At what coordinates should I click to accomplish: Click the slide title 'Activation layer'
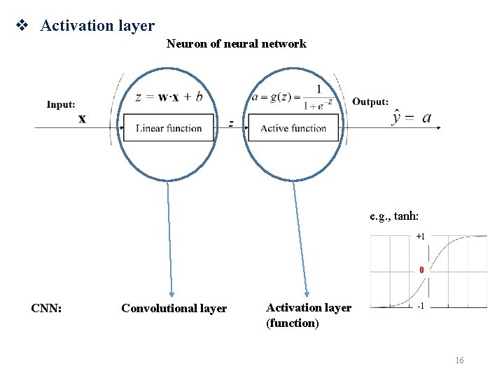[x=97, y=26]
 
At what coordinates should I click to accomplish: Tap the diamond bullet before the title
[x=21, y=26]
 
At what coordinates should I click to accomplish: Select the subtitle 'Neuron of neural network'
[x=236, y=44]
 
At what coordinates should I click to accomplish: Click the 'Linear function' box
[x=169, y=128]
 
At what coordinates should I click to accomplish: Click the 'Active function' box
[x=293, y=128]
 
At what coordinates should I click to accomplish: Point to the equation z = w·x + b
[x=169, y=97]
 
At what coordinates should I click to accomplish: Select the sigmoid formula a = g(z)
[x=293, y=98]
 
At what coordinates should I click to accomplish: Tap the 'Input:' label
[x=61, y=104]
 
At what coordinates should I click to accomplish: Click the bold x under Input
[x=82, y=119]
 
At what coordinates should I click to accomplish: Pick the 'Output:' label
[x=370, y=101]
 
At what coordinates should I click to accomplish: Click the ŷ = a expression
[x=413, y=118]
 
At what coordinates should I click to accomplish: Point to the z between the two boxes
[x=231, y=123]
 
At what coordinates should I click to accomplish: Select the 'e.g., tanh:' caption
[x=396, y=216]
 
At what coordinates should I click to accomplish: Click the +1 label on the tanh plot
[x=420, y=237]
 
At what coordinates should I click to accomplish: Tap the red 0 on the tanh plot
[x=421, y=269]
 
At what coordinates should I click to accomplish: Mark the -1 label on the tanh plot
[x=420, y=307]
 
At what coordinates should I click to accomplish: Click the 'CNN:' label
[x=46, y=308]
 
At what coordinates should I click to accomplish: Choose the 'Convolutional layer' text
[x=174, y=308]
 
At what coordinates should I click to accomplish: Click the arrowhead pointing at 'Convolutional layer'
[x=171, y=295]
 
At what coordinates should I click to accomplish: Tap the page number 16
[x=459, y=360]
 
